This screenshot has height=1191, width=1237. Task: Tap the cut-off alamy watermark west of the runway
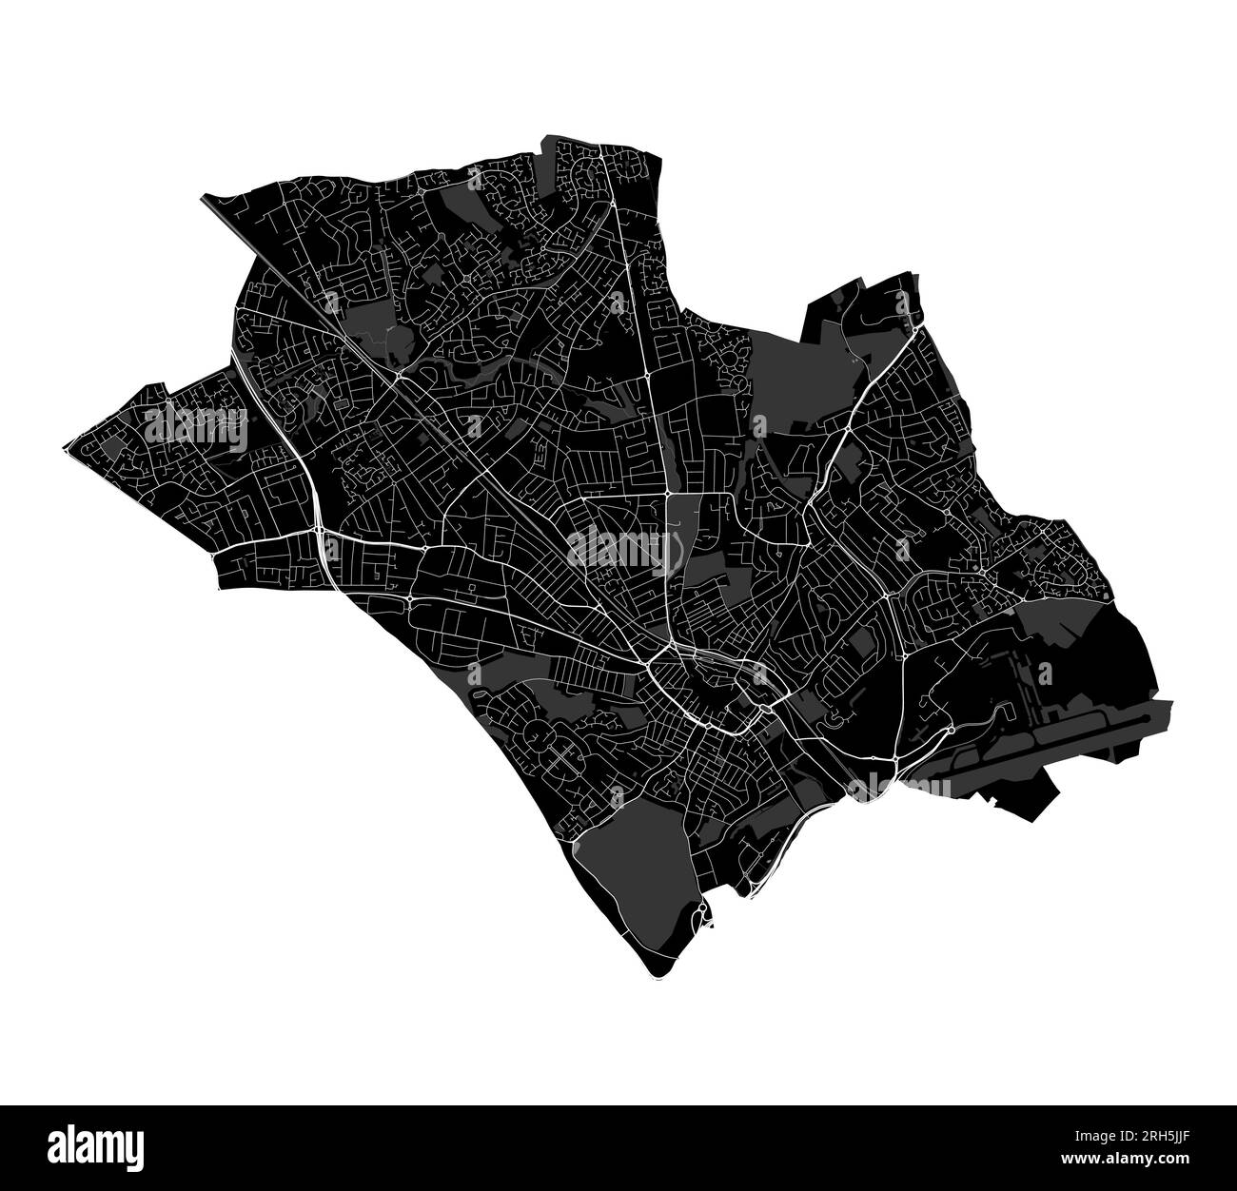click(x=900, y=787)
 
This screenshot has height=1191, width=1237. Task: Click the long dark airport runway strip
click(x=1066, y=737)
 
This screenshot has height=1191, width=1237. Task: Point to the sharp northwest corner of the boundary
click(x=203, y=197)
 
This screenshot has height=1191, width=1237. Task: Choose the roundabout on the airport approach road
click(x=951, y=730)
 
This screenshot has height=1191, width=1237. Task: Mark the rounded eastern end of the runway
click(x=1169, y=705)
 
